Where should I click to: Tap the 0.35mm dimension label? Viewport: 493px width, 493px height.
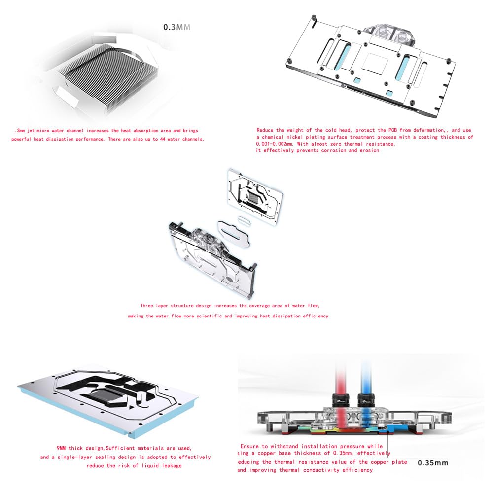point(433,462)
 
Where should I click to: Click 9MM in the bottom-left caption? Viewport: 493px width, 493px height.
point(50,448)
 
